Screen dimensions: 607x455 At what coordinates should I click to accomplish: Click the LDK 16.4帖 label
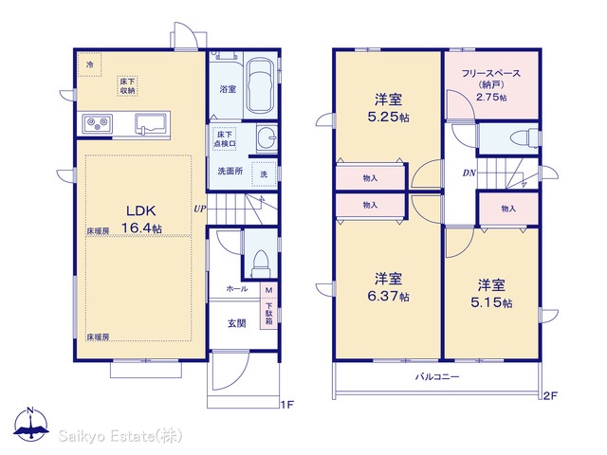pos(141,219)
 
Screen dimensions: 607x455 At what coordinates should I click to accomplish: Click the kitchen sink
pos(152,124)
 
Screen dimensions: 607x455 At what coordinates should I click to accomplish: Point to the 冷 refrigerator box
pos(90,64)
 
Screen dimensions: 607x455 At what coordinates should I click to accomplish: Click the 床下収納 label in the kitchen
pos(127,86)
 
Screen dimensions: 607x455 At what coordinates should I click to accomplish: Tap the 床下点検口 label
pos(225,139)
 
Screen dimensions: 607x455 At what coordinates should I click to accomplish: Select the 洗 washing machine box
pos(264,174)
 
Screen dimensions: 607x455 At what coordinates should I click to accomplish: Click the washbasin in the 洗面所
pos(267,138)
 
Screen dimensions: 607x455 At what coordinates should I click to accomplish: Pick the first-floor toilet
pos(260,264)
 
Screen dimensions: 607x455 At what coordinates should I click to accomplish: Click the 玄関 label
pos(236,323)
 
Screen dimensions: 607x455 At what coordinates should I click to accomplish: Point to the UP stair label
pos(200,209)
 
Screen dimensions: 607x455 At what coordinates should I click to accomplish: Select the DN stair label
pos(469,173)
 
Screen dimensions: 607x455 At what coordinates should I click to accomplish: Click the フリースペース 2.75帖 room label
pos(491,85)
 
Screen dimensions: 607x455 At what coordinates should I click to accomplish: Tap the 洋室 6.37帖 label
pos(388,287)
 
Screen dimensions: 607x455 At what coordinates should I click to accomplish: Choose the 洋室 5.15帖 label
pos(491,293)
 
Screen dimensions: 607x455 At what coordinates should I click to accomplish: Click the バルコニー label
pos(437,376)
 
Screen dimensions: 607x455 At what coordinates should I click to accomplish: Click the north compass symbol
pos(31,425)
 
